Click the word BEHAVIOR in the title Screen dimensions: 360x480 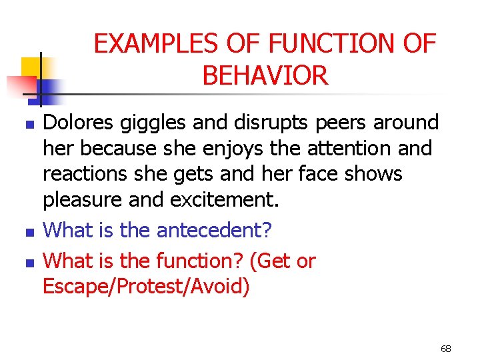(265, 76)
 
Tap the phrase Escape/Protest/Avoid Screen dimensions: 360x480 (146, 287)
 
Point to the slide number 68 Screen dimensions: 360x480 (446, 349)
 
